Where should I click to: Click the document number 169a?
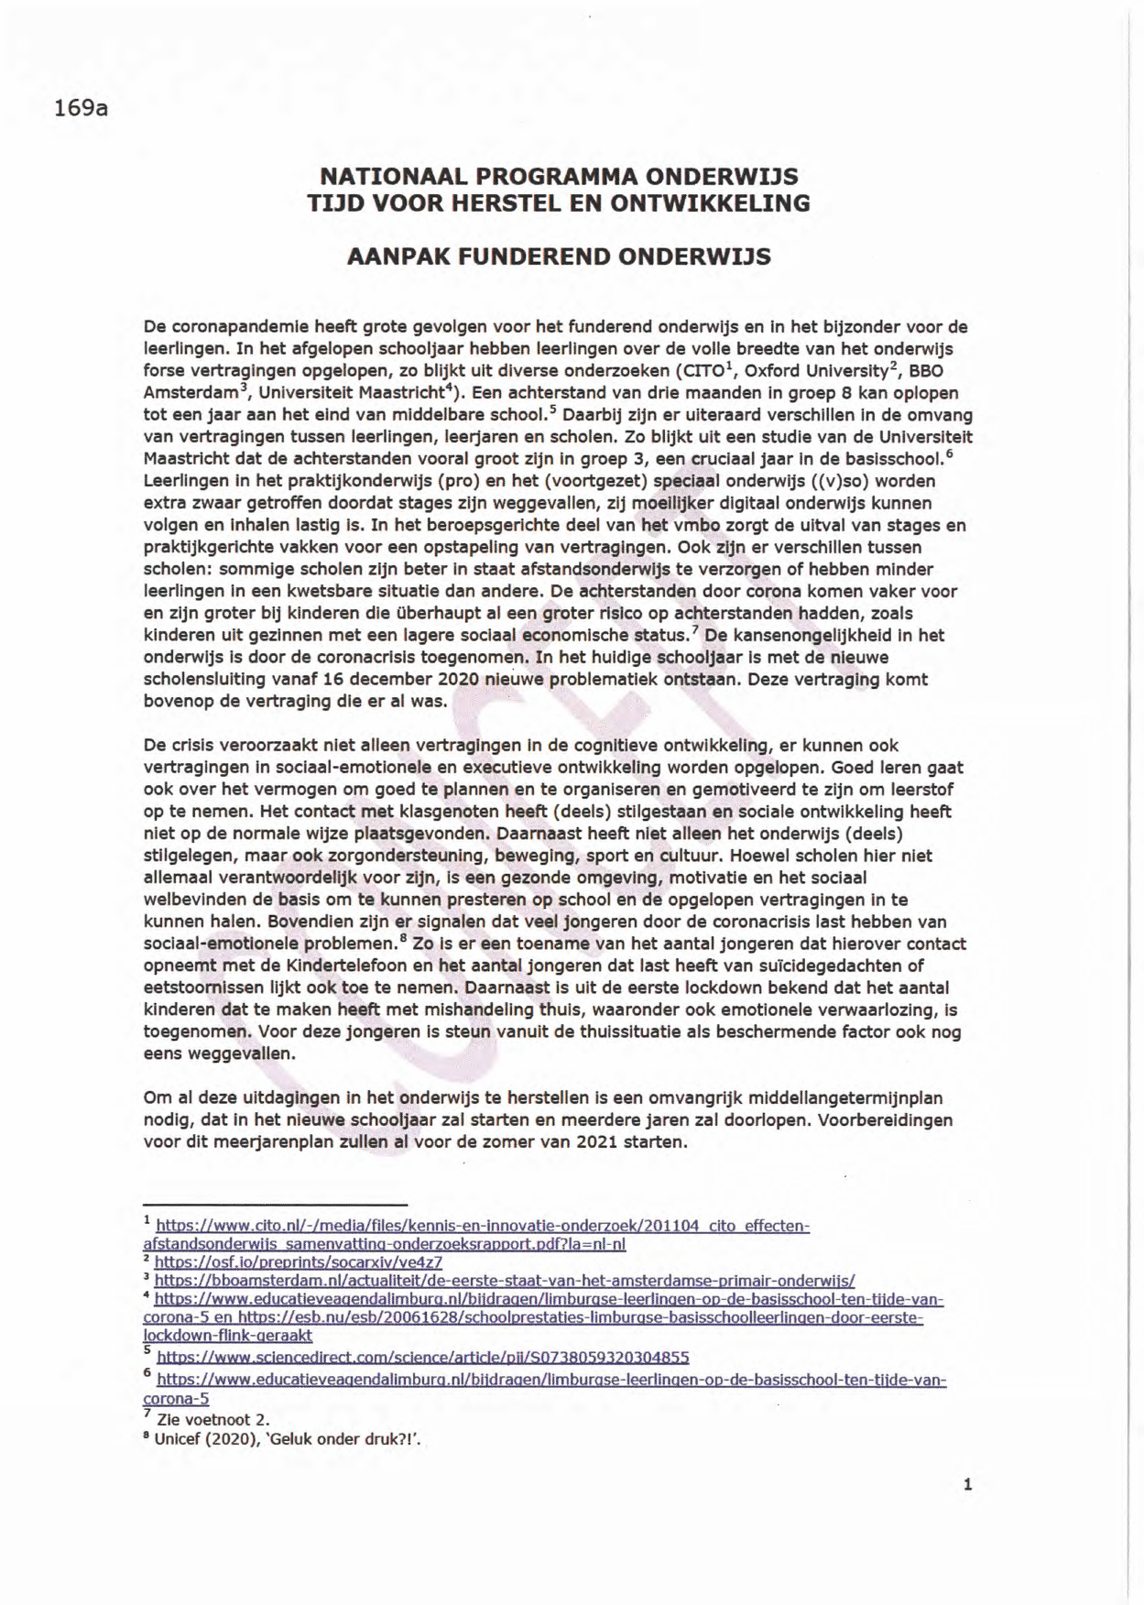coord(82,108)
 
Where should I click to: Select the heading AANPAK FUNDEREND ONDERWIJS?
coord(559,257)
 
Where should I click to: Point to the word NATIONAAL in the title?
coord(391,175)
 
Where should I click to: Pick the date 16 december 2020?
coord(328,680)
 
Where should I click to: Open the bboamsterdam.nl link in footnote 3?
coord(504,1281)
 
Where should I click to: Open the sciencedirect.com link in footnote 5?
coord(423,1358)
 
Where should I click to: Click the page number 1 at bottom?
coord(967,1486)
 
